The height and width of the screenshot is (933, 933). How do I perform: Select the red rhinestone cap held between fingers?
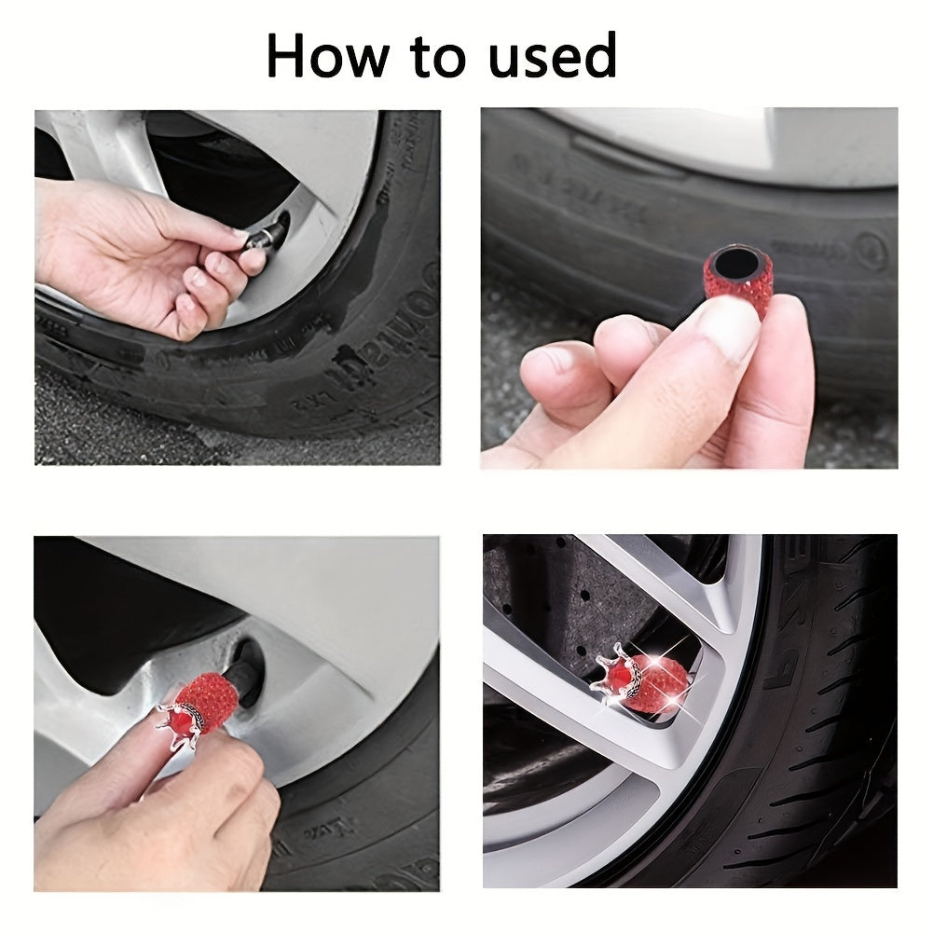pos(737,280)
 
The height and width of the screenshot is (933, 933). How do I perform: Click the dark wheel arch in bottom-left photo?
pos(112,606)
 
